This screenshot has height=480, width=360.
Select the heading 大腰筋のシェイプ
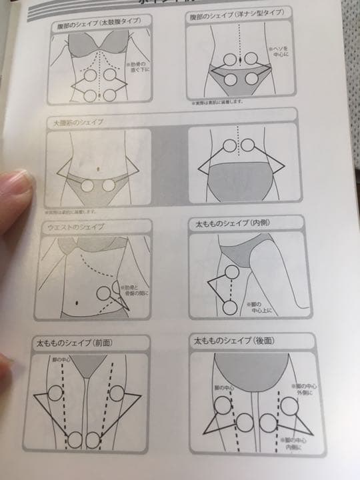73,123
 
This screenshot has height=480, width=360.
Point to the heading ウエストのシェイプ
73,227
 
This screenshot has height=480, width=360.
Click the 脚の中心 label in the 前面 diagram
61,361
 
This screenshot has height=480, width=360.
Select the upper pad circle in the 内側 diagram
231,271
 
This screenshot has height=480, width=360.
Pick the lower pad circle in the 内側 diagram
230,307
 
